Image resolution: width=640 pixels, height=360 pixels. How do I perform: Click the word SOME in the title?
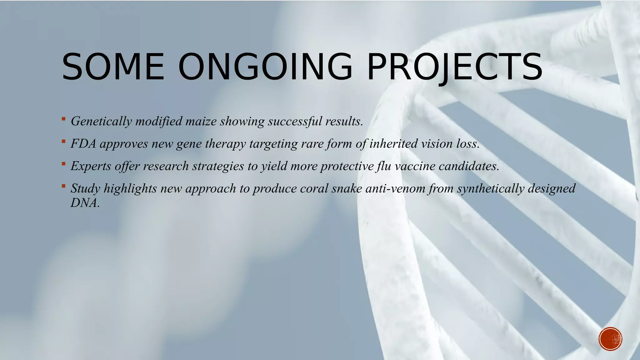(x=113, y=67)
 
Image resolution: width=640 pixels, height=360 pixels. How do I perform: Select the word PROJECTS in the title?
(x=454, y=67)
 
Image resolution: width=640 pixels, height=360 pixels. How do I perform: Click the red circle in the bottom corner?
(x=610, y=339)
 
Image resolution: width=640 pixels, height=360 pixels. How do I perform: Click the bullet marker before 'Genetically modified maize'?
(x=63, y=119)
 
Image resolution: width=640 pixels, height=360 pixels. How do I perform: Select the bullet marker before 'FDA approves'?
(x=63, y=141)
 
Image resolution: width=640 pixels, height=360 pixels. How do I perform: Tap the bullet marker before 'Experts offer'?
(x=63, y=163)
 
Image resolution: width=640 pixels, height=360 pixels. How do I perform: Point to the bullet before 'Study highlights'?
(x=63, y=186)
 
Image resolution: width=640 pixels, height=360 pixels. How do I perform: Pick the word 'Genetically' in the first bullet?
(x=101, y=121)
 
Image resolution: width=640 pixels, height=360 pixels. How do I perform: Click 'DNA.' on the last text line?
(x=85, y=203)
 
